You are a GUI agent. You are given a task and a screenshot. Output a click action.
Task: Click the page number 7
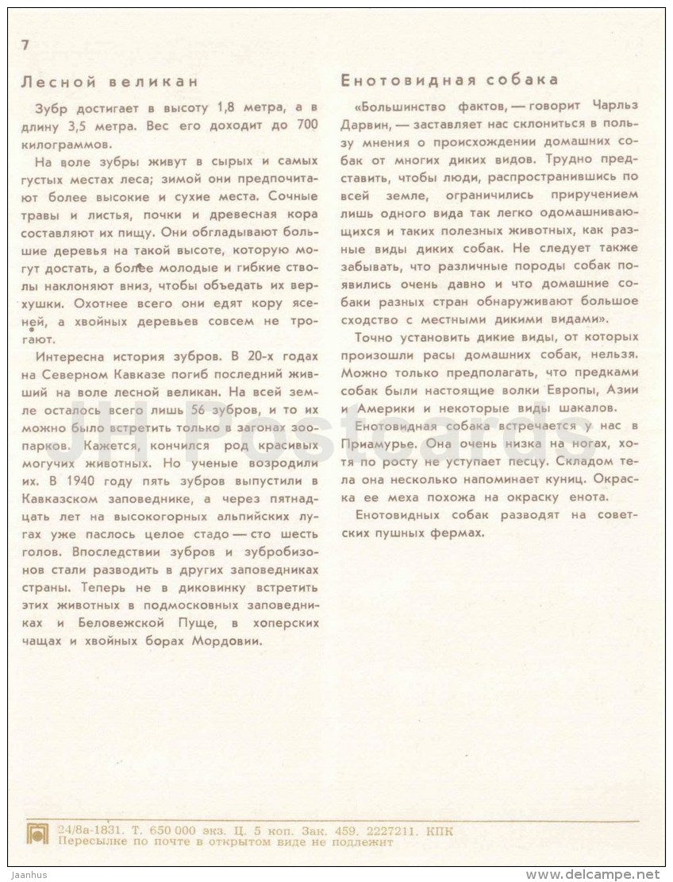click(x=25, y=45)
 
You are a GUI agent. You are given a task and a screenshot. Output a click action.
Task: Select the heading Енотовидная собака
click(x=449, y=80)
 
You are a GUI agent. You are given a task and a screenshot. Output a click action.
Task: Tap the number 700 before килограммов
click(x=306, y=125)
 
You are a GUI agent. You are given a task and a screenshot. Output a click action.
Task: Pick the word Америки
click(x=385, y=408)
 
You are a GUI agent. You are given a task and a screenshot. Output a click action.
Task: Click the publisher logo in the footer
click(x=38, y=835)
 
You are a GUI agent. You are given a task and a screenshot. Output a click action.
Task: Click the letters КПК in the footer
click(x=440, y=830)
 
